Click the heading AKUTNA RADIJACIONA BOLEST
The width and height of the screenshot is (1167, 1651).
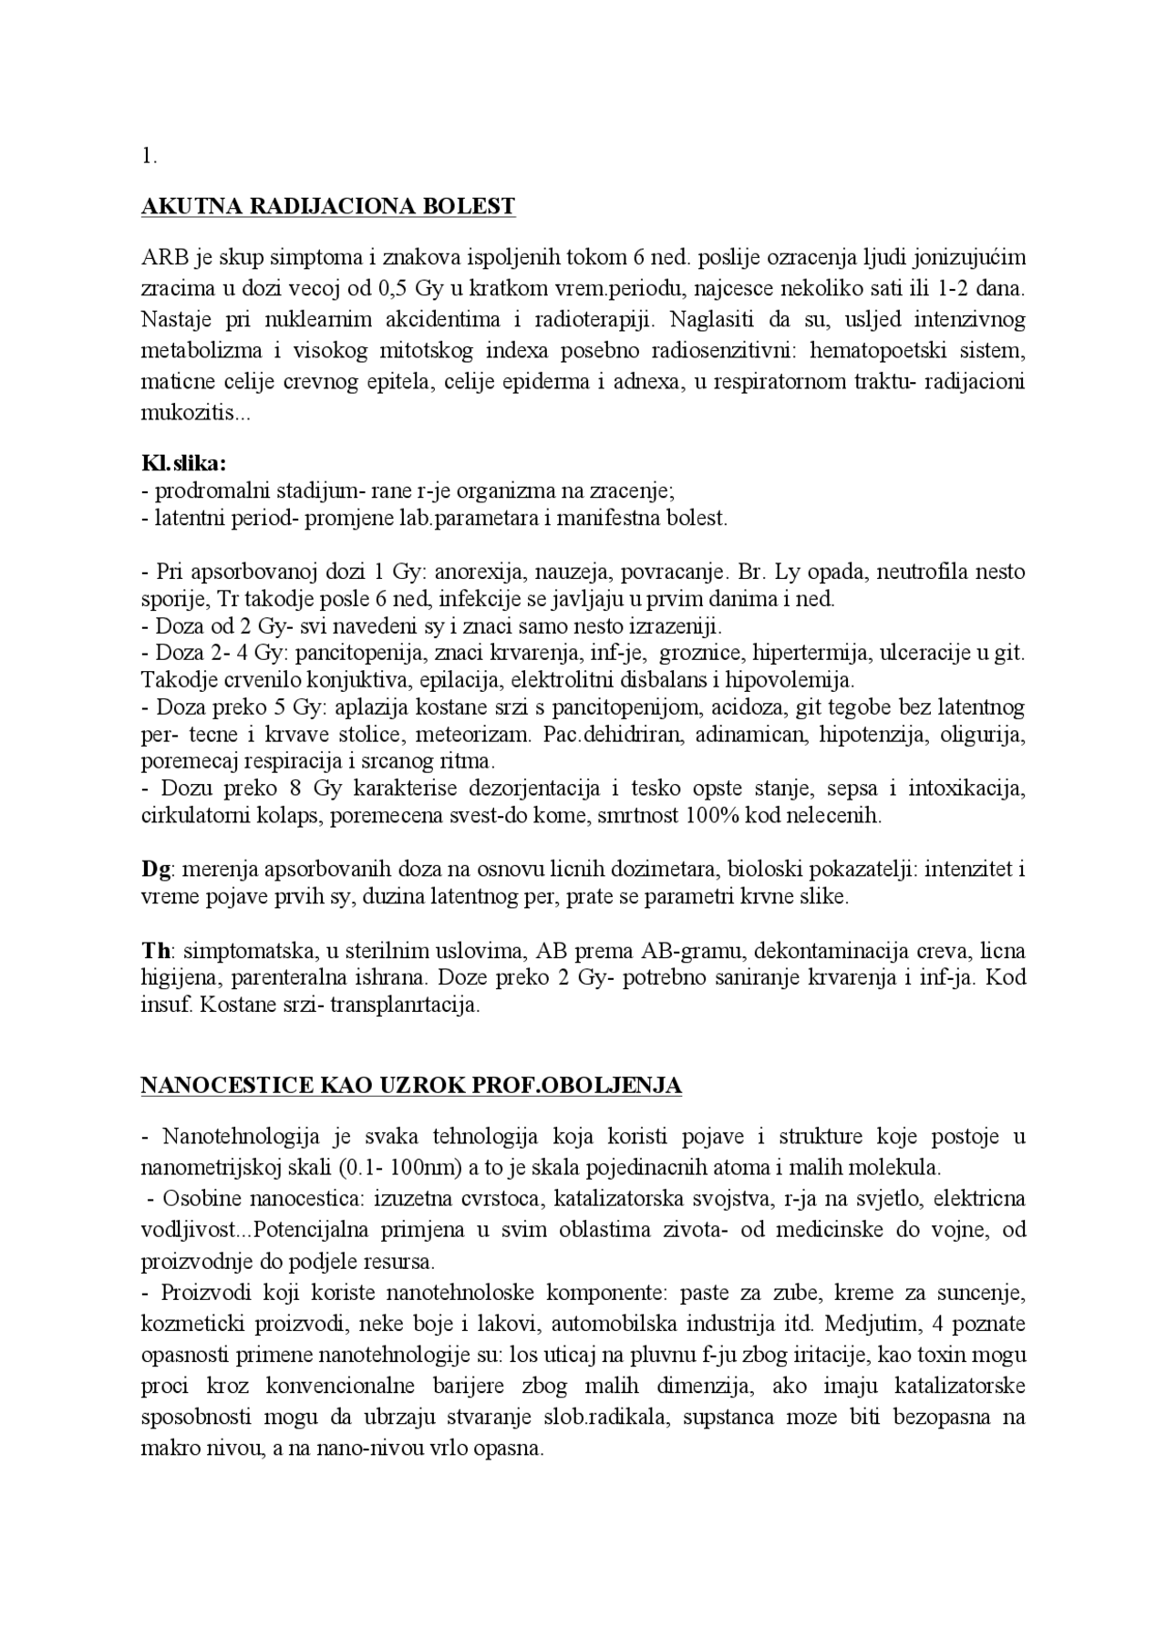pyautogui.click(x=328, y=207)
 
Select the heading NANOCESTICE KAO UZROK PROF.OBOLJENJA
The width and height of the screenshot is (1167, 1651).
pyautogui.click(x=411, y=1086)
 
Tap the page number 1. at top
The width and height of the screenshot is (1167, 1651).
pyautogui.click(x=150, y=156)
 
